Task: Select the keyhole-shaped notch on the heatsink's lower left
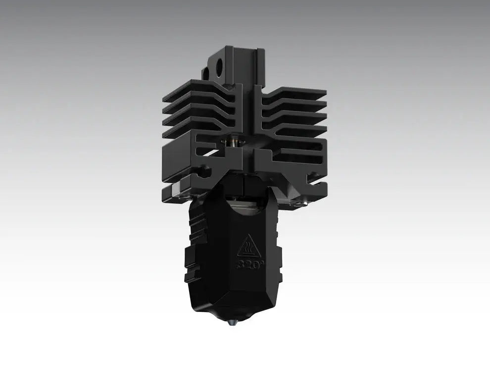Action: (x=203, y=172)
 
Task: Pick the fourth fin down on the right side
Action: (x=297, y=130)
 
